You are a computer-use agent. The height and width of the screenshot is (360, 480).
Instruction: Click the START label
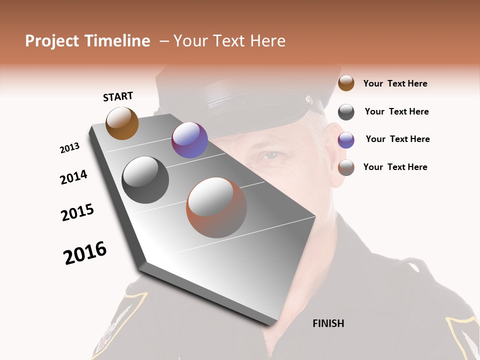[118, 96]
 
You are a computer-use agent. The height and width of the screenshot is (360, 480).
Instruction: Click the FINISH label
[328, 323]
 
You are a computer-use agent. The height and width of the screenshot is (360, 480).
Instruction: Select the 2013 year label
[69, 148]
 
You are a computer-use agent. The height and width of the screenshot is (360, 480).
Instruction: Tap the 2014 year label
[73, 177]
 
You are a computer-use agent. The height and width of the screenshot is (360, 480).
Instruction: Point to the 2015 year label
[77, 212]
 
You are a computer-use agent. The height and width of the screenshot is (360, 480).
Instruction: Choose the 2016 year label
[85, 253]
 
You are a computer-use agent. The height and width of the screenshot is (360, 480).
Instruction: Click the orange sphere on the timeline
[122, 123]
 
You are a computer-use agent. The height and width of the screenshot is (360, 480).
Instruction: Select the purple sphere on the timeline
[189, 140]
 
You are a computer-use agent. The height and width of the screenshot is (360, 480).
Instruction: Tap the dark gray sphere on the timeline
[145, 180]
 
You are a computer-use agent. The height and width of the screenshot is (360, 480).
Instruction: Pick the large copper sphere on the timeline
[216, 207]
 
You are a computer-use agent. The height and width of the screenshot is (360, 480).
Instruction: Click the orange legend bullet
[346, 83]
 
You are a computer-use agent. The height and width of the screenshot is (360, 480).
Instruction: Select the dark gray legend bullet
[346, 112]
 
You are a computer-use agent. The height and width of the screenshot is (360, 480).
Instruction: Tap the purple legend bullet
[346, 140]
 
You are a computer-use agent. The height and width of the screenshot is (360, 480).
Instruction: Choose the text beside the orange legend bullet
[395, 83]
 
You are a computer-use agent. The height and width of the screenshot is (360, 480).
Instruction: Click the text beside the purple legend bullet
[397, 139]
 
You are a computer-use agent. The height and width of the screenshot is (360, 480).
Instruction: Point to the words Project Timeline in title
[87, 41]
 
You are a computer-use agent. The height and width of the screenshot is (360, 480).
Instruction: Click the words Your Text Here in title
[229, 41]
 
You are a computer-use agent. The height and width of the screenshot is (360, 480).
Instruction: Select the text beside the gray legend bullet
[396, 111]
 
